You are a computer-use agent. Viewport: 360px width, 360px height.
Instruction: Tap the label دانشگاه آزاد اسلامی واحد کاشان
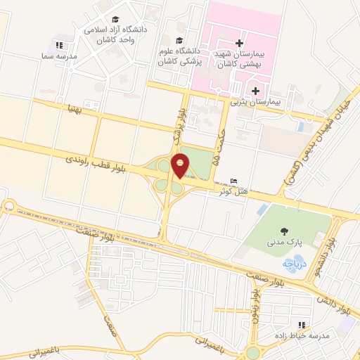coord(115,35)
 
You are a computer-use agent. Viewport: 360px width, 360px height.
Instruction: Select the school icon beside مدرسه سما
coord(58,45)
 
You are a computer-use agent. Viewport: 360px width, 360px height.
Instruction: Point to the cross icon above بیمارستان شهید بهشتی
coord(240,43)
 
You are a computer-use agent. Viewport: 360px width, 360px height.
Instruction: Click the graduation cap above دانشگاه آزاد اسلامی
coord(115,20)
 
